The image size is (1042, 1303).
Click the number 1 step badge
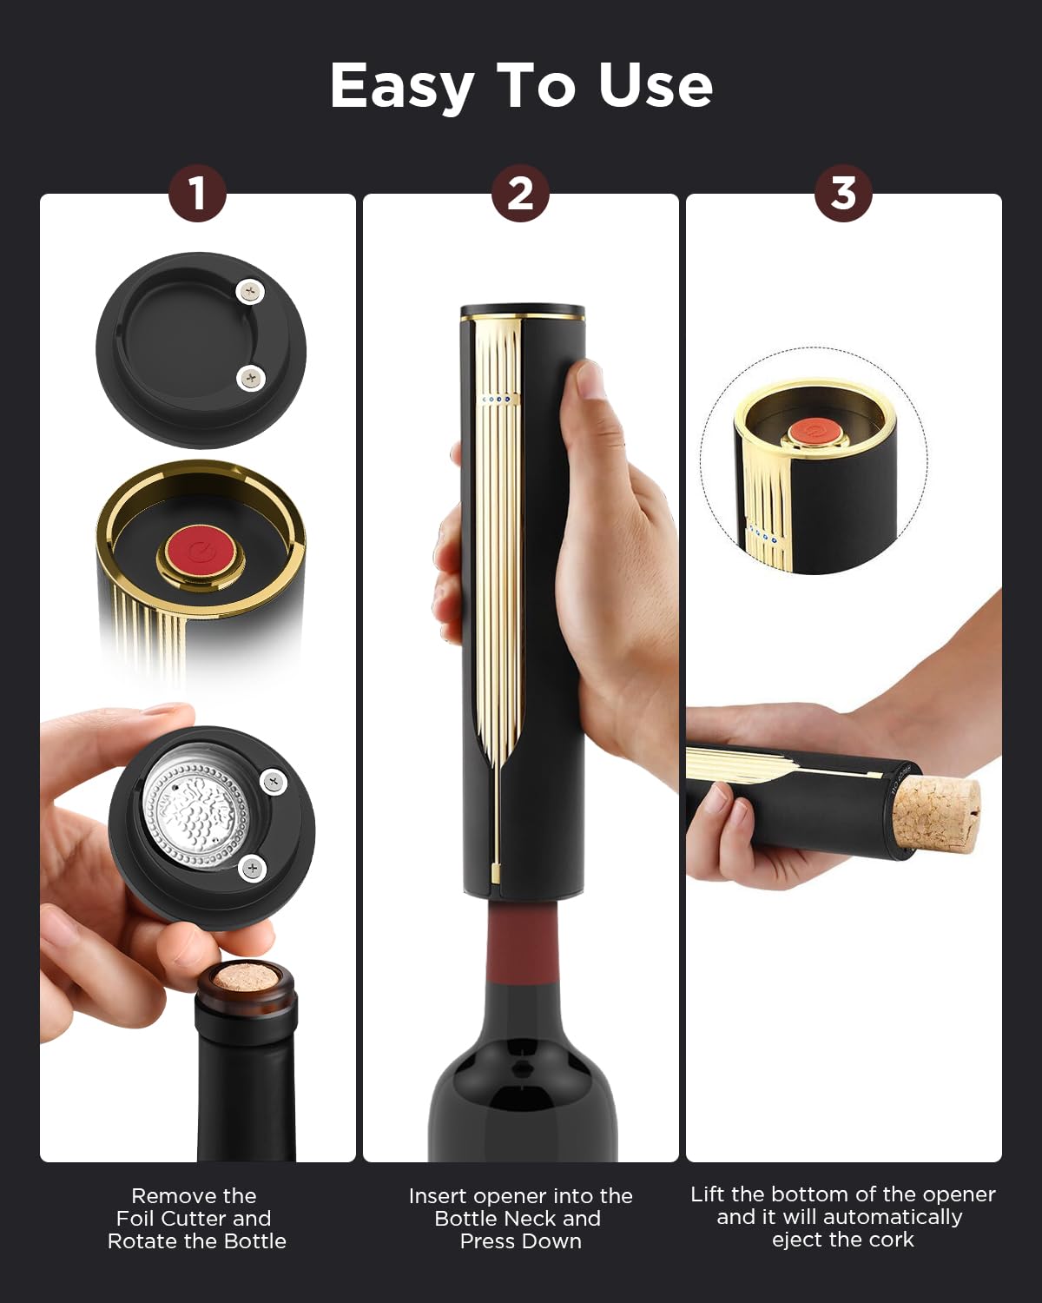[197, 193]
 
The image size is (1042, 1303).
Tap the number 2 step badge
[520, 193]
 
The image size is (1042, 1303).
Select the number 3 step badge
[843, 193]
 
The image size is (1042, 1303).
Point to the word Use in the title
[655, 86]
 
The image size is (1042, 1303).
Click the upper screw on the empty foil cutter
[250, 292]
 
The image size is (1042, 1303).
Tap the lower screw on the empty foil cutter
[251, 379]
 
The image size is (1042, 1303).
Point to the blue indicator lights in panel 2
[500, 400]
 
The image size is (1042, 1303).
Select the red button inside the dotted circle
[814, 431]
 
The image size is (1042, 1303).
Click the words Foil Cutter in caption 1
[194, 1218]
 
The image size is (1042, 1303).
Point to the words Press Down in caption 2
[520, 1240]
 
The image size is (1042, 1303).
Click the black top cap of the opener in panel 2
[522, 310]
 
